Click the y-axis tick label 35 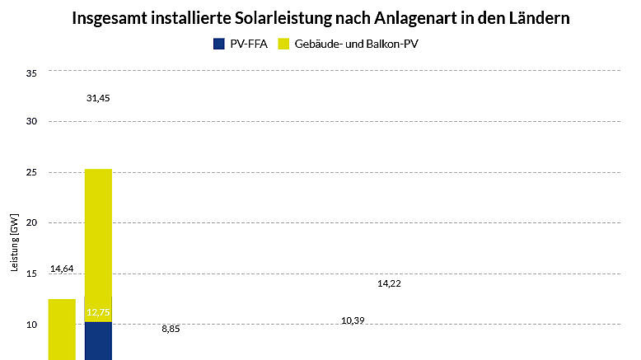pyautogui.click(x=32, y=74)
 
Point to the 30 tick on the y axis pyautogui.click(x=32, y=122)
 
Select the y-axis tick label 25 pyautogui.click(x=32, y=173)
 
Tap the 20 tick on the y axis pyautogui.click(x=32, y=223)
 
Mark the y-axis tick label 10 pyautogui.click(x=32, y=325)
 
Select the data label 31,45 pyautogui.click(x=98, y=98)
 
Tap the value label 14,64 pyautogui.click(x=62, y=269)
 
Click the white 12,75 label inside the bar pyautogui.click(x=98, y=313)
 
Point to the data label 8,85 pyautogui.click(x=171, y=329)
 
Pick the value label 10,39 pyautogui.click(x=353, y=320)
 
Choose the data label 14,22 pyautogui.click(x=389, y=283)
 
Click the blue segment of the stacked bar pyautogui.click(x=98, y=342)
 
